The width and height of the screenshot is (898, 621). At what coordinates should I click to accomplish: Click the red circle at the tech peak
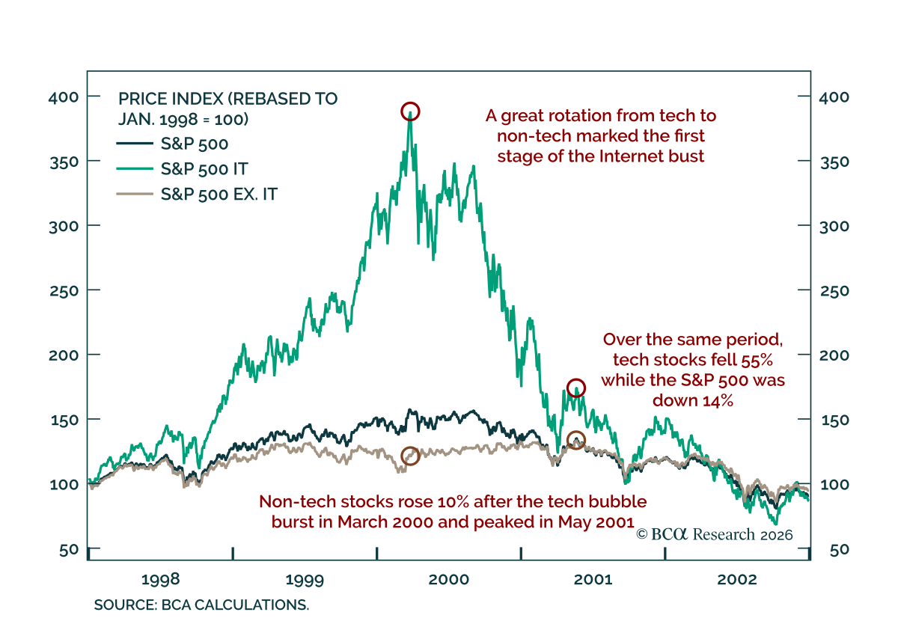[410, 111]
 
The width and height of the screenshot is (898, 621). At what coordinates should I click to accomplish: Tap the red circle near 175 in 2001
[575, 388]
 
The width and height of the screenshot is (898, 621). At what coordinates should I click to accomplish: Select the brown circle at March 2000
[410, 456]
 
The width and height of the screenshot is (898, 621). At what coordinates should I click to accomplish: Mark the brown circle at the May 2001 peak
[575, 440]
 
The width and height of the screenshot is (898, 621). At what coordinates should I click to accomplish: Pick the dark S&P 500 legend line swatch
[135, 144]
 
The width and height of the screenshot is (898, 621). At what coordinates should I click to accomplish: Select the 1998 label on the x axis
[159, 579]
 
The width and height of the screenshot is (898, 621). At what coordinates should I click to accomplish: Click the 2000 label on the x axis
[449, 579]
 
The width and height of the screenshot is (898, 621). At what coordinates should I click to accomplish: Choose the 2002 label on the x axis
[738, 579]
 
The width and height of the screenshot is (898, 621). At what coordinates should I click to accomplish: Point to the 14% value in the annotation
[715, 400]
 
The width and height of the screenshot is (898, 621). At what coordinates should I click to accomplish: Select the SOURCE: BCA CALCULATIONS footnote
[201, 605]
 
